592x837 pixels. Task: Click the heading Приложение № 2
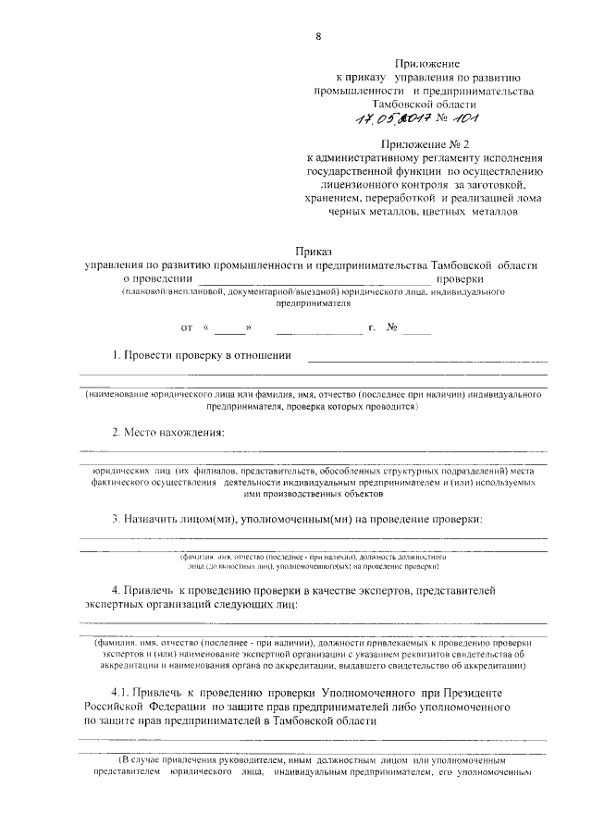point(426,143)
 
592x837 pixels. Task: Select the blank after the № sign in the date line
point(416,327)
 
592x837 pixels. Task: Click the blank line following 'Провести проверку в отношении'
point(426,357)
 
